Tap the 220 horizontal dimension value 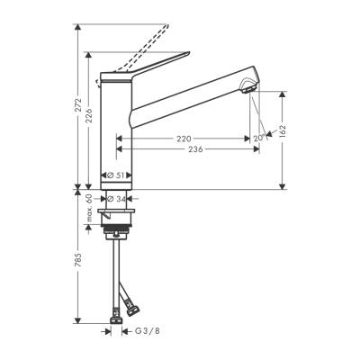click(184, 139)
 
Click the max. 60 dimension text click(89, 210)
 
